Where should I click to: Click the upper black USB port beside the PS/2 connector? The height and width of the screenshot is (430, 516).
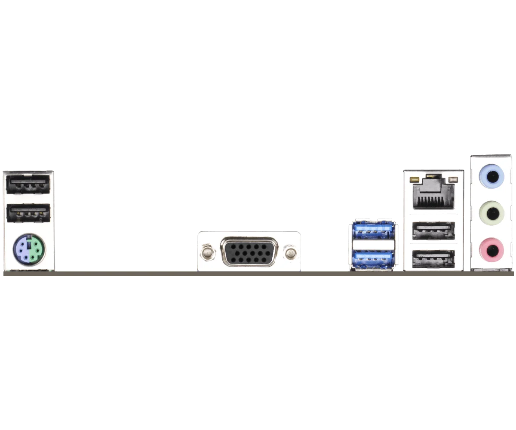coord(28,184)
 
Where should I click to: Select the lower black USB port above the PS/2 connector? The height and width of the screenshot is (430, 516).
coord(28,212)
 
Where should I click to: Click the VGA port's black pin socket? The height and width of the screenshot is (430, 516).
coord(249,252)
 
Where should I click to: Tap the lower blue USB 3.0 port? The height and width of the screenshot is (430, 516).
coord(373,258)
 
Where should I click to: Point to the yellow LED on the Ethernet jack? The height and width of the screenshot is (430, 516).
coord(415,178)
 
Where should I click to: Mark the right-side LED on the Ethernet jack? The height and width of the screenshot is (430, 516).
coord(452,179)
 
